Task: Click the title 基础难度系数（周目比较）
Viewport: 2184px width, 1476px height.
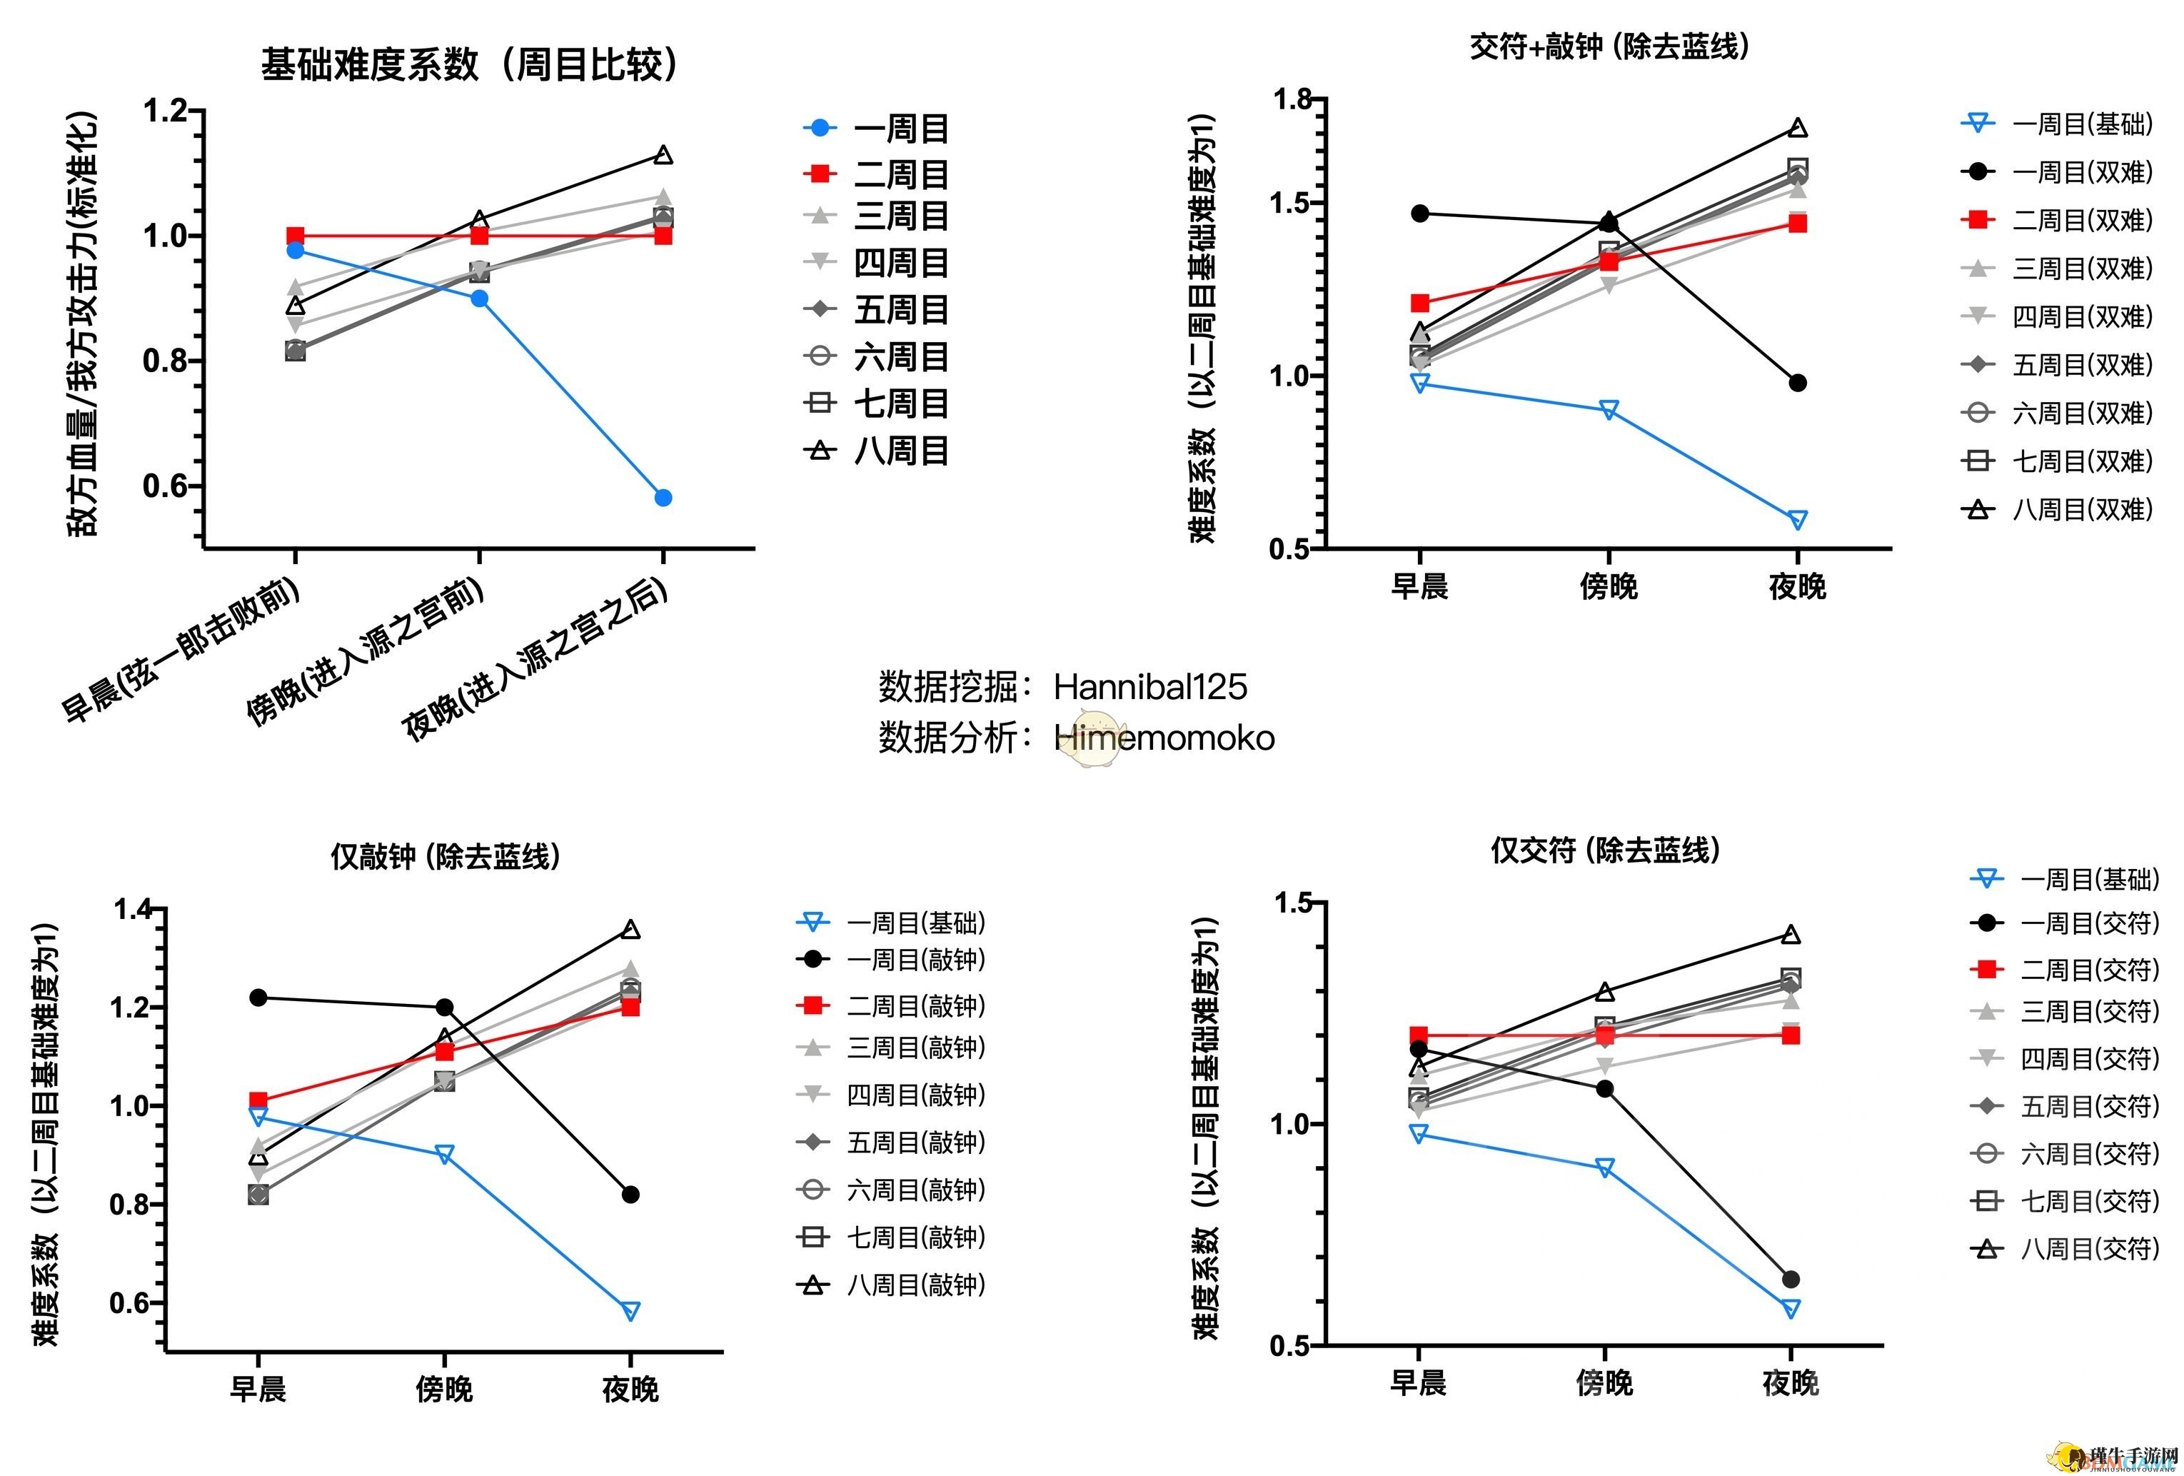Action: point(468,65)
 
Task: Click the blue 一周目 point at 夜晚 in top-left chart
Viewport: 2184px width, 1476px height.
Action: point(663,497)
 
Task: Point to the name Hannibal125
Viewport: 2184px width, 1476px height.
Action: point(1149,687)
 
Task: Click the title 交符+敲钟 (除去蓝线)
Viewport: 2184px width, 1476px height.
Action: point(1609,46)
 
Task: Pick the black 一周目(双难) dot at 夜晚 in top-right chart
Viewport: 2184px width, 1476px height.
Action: point(1798,383)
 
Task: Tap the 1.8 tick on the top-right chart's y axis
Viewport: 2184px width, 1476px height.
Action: point(1292,99)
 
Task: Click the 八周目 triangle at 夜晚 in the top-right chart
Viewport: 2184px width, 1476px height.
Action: point(1798,128)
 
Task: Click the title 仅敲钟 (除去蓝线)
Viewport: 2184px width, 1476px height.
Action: point(445,856)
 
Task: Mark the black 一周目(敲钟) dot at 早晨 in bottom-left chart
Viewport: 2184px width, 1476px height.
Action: point(258,998)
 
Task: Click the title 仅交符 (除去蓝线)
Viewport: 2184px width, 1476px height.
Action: point(1604,850)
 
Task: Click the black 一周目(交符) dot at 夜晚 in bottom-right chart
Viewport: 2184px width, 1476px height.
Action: point(1791,1280)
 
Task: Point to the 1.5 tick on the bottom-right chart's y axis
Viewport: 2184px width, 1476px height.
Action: point(1292,903)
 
